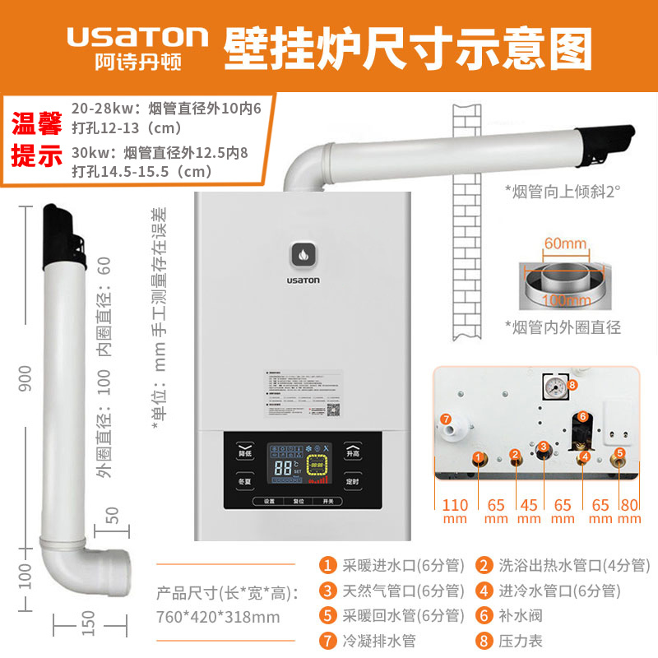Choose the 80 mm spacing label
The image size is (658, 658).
click(x=628, y=511)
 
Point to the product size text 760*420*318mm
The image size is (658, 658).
click(x=218, y=617)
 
